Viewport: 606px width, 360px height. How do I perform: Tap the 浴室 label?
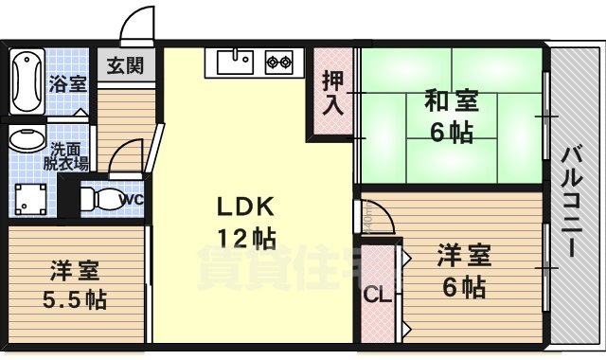[x=67, y=82]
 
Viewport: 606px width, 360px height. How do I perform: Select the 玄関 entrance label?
[x=125, y=66]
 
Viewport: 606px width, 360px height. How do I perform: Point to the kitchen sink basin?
[x=235, y=63]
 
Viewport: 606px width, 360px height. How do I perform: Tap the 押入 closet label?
[x=331, y=92]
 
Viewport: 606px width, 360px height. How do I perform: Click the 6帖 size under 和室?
[x=451, y=133]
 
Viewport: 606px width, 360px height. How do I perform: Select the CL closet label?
[x=377, y=295]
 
